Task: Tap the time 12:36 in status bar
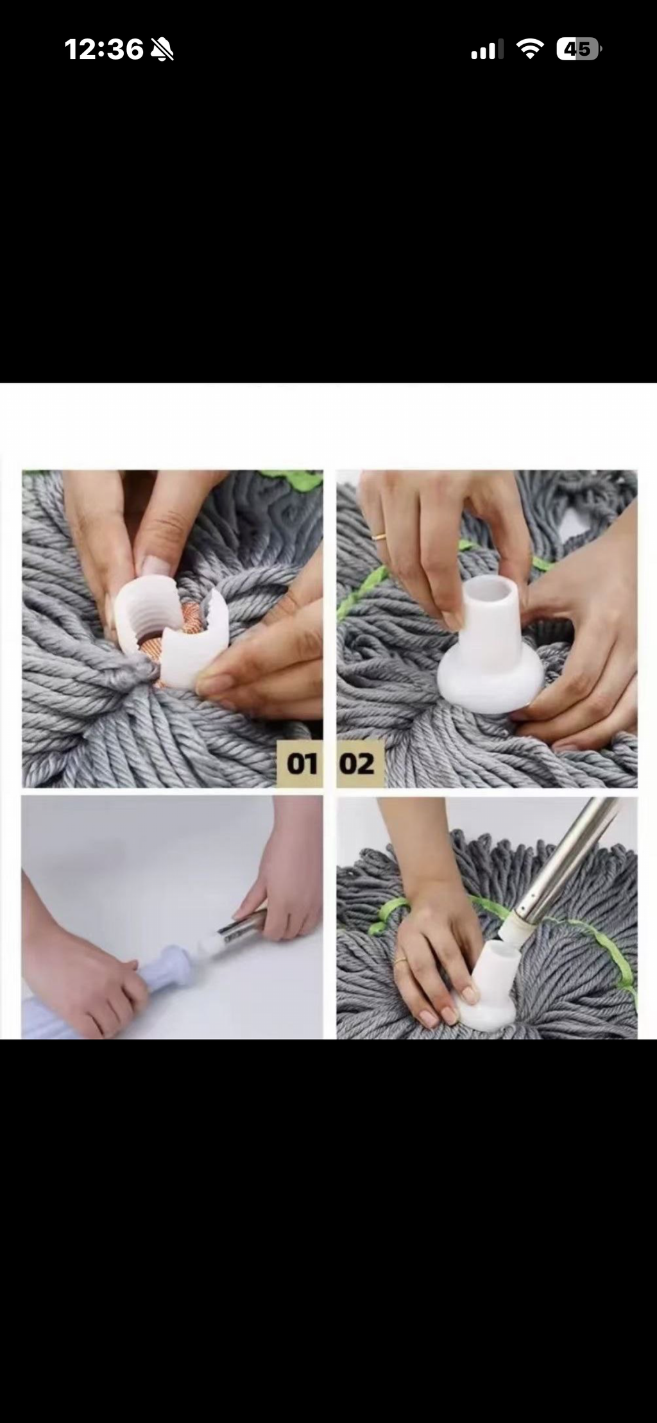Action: pyautogui.click(x=104, y=49)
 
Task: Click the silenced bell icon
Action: pyautogui.click(x=162, y=49)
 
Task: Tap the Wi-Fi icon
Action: pyautogui.click(x=530, y=49)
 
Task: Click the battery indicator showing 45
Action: pyautogui.click(x=578, y=49)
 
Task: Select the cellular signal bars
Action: pyautogui.click(x=487, y=49)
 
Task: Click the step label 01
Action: pyautogui.click(x=302, y=763)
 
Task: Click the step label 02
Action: pyautogui.click(x=357, y=763)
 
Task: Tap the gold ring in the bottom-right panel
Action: pyautogui.click(x=400, y=960)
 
